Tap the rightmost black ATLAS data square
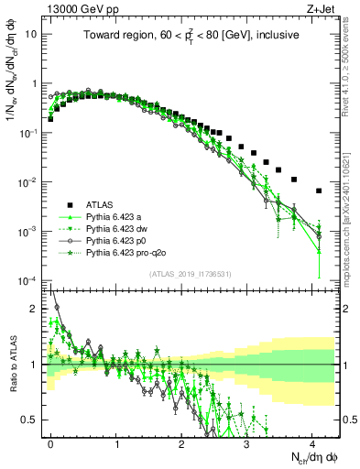pyautogui.click(x=318, y=191)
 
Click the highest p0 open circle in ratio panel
pyautogui.click(x=57, y=308)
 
